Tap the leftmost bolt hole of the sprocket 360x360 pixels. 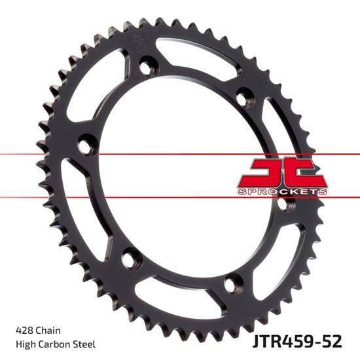tap(86, 141)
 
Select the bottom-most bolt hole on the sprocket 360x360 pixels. tap(229, 284)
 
